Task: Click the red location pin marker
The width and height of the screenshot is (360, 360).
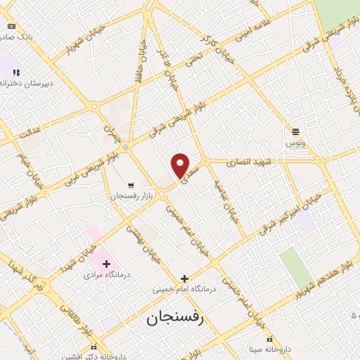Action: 181,165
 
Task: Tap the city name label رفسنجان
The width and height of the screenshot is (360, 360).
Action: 175,318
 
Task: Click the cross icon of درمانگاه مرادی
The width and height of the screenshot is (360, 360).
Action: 106,264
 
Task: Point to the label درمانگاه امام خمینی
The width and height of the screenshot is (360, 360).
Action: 184,289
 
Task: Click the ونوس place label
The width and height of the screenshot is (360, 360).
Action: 295,143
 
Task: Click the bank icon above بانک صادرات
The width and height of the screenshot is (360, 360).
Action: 11,26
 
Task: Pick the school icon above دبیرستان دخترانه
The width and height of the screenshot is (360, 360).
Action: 15,72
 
